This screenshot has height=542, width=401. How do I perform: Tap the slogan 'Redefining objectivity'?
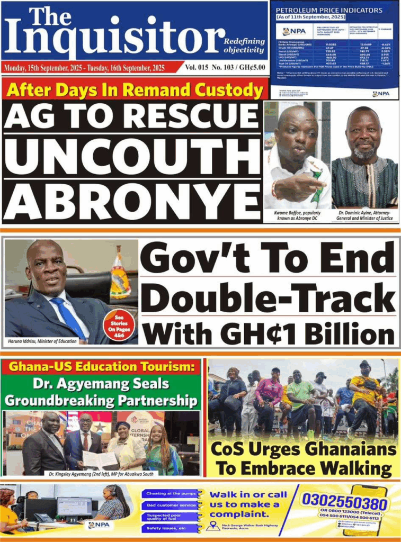pyautogui.click(x=244, y=46)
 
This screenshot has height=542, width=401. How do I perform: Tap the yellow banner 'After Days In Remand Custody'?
pyautogui.click(x=135, y=89)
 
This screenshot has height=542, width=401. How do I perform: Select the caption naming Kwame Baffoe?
pyautogui.click(x=297, y=215)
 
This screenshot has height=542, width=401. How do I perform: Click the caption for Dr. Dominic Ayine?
pyautogui.click(x=364, y=215)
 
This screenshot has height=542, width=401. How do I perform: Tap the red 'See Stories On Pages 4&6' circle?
pyautogui.click(x=120, y=324)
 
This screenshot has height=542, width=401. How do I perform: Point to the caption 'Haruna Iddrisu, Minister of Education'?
pyautogui.click(x=42, y=341)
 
